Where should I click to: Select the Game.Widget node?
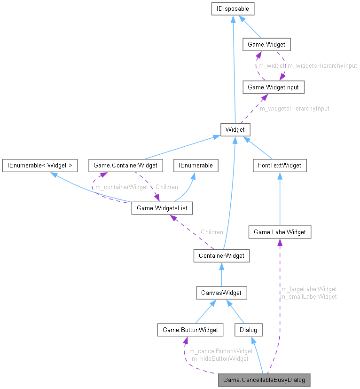pyautogui.click(x=266, y=45)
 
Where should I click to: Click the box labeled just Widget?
pyautogui.click(x=235, y=129)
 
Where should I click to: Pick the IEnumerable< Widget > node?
pyautogui.click(x=39, y=165)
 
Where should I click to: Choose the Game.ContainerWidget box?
pyautogui.click(x=125, y=165)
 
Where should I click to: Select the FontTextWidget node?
pyautogui.click(x=280, y=165)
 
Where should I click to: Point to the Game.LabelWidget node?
pyautogui.click(x=280, y=232)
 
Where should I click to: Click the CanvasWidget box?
pyautogui.click(x=221, y=293)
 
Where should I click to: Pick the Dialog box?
pyautogui.click(x=249, y=330)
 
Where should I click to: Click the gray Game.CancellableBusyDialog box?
pyautogui.click(x=265, y=379)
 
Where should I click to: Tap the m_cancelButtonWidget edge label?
pyautogui.click(x=221, y=351)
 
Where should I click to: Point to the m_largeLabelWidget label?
pyautogui.click(x=308, y=289)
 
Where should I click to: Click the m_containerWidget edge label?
pyautogui.click(x=122, y=187)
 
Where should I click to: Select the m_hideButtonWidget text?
pyautogui.click(x=219, y=358)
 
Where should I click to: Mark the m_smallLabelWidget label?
pyautogui.click(x=308, y=296)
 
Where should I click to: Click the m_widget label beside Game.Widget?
pyautogui.click(x=272, y=66)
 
